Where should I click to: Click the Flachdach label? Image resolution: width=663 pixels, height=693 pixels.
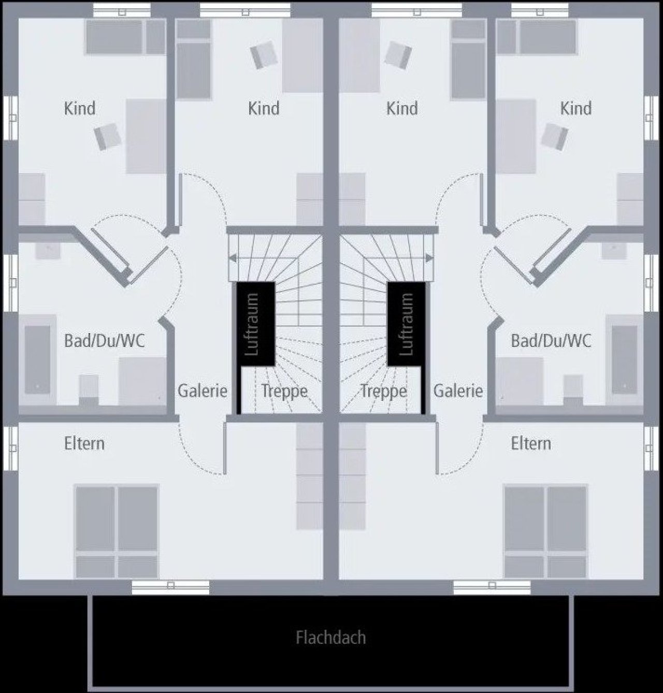pos(331,638)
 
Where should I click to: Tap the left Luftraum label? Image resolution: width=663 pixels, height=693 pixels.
pos(252,324)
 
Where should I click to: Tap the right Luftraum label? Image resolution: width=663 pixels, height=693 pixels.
pos(406,324)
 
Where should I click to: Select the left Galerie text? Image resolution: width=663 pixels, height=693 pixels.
pos(202,391)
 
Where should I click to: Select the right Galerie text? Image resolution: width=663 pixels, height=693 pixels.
pos(458,391)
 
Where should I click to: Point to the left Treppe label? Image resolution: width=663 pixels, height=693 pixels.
pos(284,392)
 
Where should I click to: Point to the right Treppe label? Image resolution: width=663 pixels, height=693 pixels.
pos(383,392)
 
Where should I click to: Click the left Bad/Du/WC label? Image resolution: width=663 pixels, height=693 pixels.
pos(104,341)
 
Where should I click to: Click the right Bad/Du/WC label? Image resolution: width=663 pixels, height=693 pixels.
pos(551,341)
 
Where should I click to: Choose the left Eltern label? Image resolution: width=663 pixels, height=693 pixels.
pos(84,444)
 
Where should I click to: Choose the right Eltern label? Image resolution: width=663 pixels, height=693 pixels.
pos(531,444)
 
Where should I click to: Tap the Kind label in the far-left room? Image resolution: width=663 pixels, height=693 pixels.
pos(80,109)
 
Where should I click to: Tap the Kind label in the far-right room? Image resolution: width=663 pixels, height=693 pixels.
pos(576,109)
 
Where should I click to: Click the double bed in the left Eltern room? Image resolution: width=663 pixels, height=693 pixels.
pos(117,531)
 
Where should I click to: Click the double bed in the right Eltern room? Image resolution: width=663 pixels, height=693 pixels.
pos(545,531)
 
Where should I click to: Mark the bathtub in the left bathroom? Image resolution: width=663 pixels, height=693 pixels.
pos(37,359)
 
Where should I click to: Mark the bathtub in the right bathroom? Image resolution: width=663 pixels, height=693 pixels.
pos(625,359)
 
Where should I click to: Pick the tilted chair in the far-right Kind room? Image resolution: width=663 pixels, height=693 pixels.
pos(554,136)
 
